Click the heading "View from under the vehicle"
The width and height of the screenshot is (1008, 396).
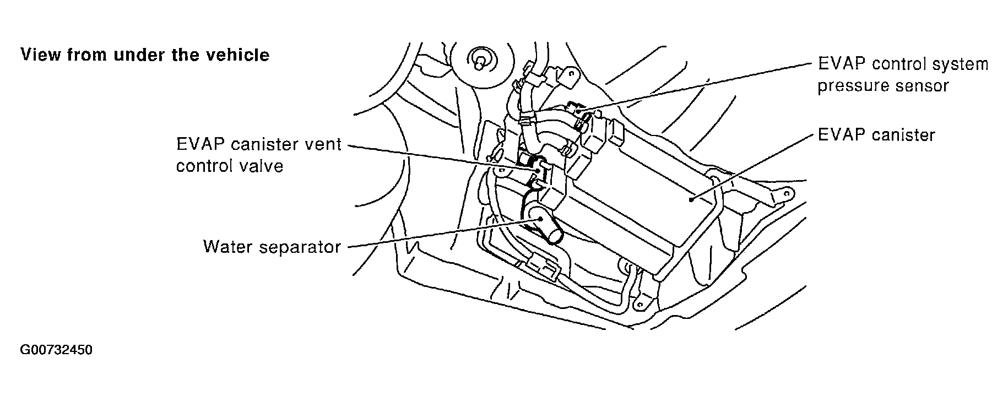coord(145,55)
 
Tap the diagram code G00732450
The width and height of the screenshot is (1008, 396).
coord(56,350)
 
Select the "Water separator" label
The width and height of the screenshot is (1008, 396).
coord(272,246)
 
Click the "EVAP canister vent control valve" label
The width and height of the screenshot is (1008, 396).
coord(259,155)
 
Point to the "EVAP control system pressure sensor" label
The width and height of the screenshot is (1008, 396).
coord(902,75)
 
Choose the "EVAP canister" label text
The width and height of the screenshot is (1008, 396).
coord(876,135)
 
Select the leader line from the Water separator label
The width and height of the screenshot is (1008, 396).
coord(441,232)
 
